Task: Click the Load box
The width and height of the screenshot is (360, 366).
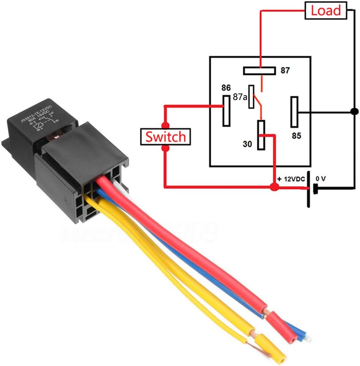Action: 326,10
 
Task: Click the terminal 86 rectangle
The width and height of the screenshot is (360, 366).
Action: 226,111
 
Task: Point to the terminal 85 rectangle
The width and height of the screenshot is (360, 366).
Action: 294,112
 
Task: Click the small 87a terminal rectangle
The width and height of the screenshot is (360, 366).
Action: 251,97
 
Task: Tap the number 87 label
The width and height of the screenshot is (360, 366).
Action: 285,70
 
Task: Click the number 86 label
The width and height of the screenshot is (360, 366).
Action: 226,88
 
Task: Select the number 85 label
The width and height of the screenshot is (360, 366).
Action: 296,135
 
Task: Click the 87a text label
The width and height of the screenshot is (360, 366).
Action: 240,97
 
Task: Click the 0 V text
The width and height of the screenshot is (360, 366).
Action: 320,179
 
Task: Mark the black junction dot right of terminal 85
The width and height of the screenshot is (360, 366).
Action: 354,112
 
